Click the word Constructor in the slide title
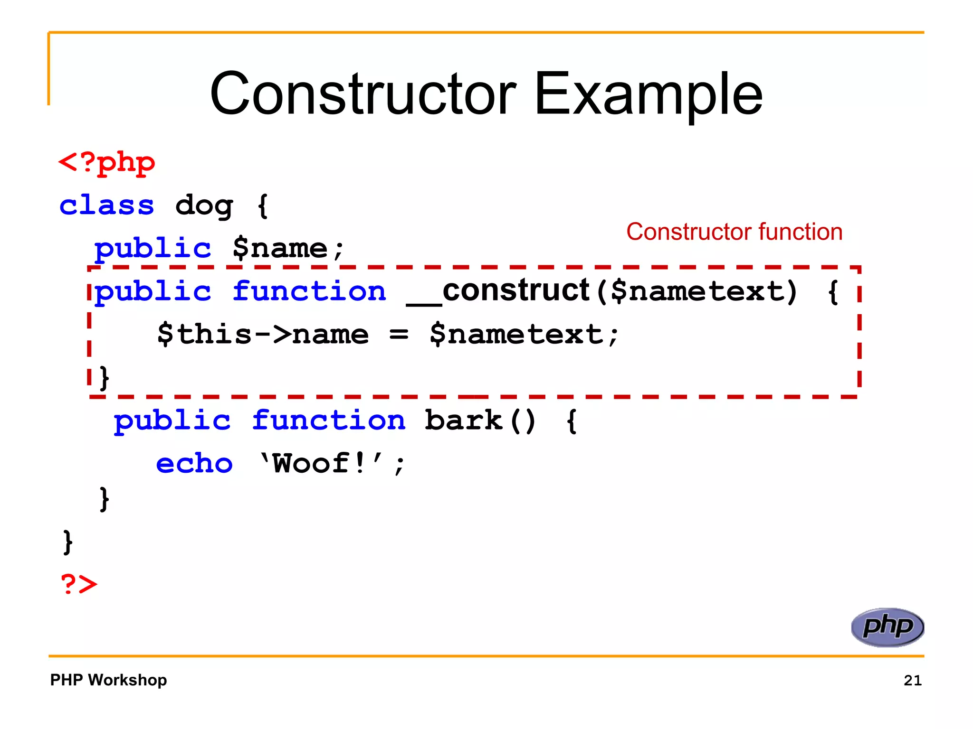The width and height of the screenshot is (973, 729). (x=363, y=94)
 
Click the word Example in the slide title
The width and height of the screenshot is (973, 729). (x=649, y=94)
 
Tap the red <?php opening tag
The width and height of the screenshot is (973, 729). (x=107, y=163)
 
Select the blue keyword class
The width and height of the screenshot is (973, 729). (x=107, y=206)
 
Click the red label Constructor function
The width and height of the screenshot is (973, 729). (x=734, y=232)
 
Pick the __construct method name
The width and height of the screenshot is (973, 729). (x=498, y=290)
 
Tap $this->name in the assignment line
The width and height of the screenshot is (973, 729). (x=263, y=334)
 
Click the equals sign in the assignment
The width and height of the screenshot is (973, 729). (x=399, y=335)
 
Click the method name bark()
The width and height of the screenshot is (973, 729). (x=480, y=421)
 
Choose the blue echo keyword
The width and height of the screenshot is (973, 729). (x=194, y=463)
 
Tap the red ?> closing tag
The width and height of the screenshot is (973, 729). (x=79, y=584)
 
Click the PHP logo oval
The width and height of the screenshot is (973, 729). (x=887, y=627)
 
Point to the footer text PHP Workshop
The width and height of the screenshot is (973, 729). (x=108, y=680)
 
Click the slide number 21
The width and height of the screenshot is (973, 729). (x=912, y=681)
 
